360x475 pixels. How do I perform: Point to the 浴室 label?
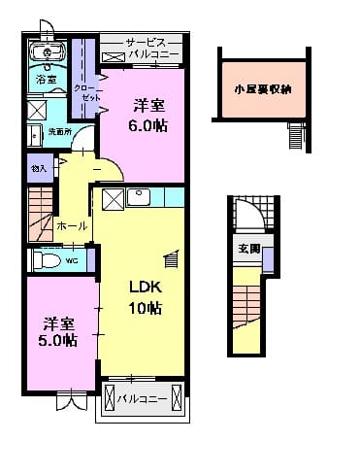(x=46, y=78)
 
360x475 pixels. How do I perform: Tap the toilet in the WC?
(x=46, y=260)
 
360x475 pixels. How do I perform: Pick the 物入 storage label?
(x=39, y=169)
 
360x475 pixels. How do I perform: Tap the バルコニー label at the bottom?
(x=141, y=398)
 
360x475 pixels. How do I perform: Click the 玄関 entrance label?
(x=248, y=250)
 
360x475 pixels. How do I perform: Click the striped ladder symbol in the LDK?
(x=172, y=257)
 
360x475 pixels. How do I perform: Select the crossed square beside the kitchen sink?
(x=112, y=198)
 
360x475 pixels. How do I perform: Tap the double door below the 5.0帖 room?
(x=71, y=396)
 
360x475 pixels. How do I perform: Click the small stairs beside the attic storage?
(x=296, y=138)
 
